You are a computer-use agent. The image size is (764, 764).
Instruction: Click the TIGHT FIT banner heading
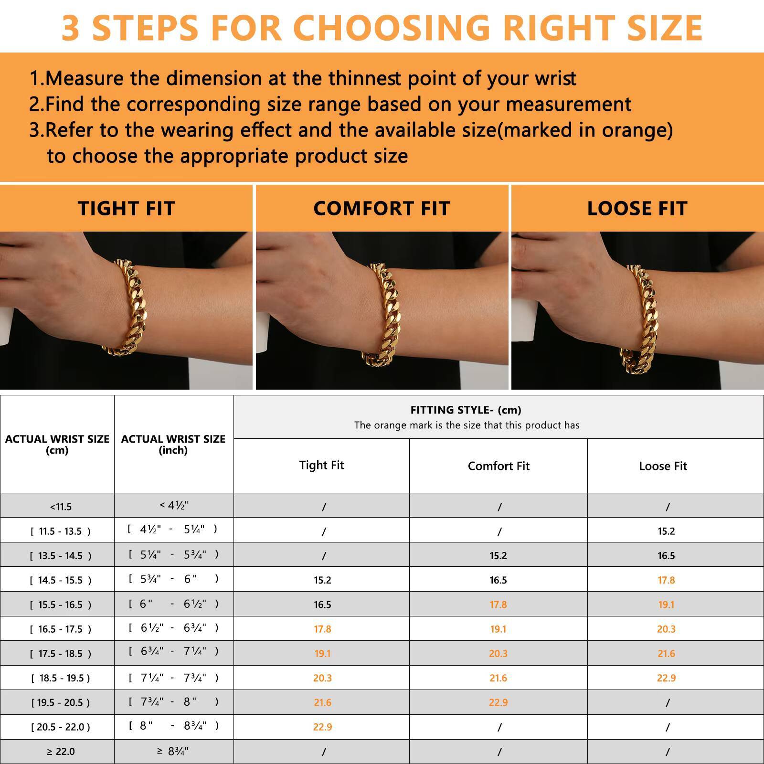[x=126, y=209]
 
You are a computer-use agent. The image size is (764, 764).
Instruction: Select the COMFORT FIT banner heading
[x=382, y=209]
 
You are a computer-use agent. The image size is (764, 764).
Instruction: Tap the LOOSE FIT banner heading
[x=637, y=209]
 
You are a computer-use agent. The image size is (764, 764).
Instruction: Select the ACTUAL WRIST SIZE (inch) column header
[x=173, y=444]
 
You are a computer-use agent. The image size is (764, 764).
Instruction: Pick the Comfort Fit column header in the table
[x=499, y=466]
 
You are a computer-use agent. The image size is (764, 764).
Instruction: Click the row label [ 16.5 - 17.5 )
[x=60, y=629]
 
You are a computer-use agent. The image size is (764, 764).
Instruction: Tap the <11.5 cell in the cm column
[x=61, y=507]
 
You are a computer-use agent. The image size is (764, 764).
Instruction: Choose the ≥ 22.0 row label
[x=61, y=752]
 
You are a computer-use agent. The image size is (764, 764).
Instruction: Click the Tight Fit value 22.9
[x=322, y=727]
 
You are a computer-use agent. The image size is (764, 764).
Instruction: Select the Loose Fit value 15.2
[x=666, y=531]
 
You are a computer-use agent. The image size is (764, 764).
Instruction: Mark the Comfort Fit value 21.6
[x=498, y=678]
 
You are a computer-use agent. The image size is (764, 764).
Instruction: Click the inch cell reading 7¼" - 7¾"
[x=173, y=678]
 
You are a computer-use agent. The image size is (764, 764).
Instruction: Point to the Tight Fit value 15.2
[x=322, y=580]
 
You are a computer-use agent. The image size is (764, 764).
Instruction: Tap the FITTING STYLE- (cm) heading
[x=466, y=410]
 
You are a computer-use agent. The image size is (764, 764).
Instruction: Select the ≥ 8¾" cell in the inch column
[x=173, y=751]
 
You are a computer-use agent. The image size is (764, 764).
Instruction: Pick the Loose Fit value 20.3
[x=666, y=629]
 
